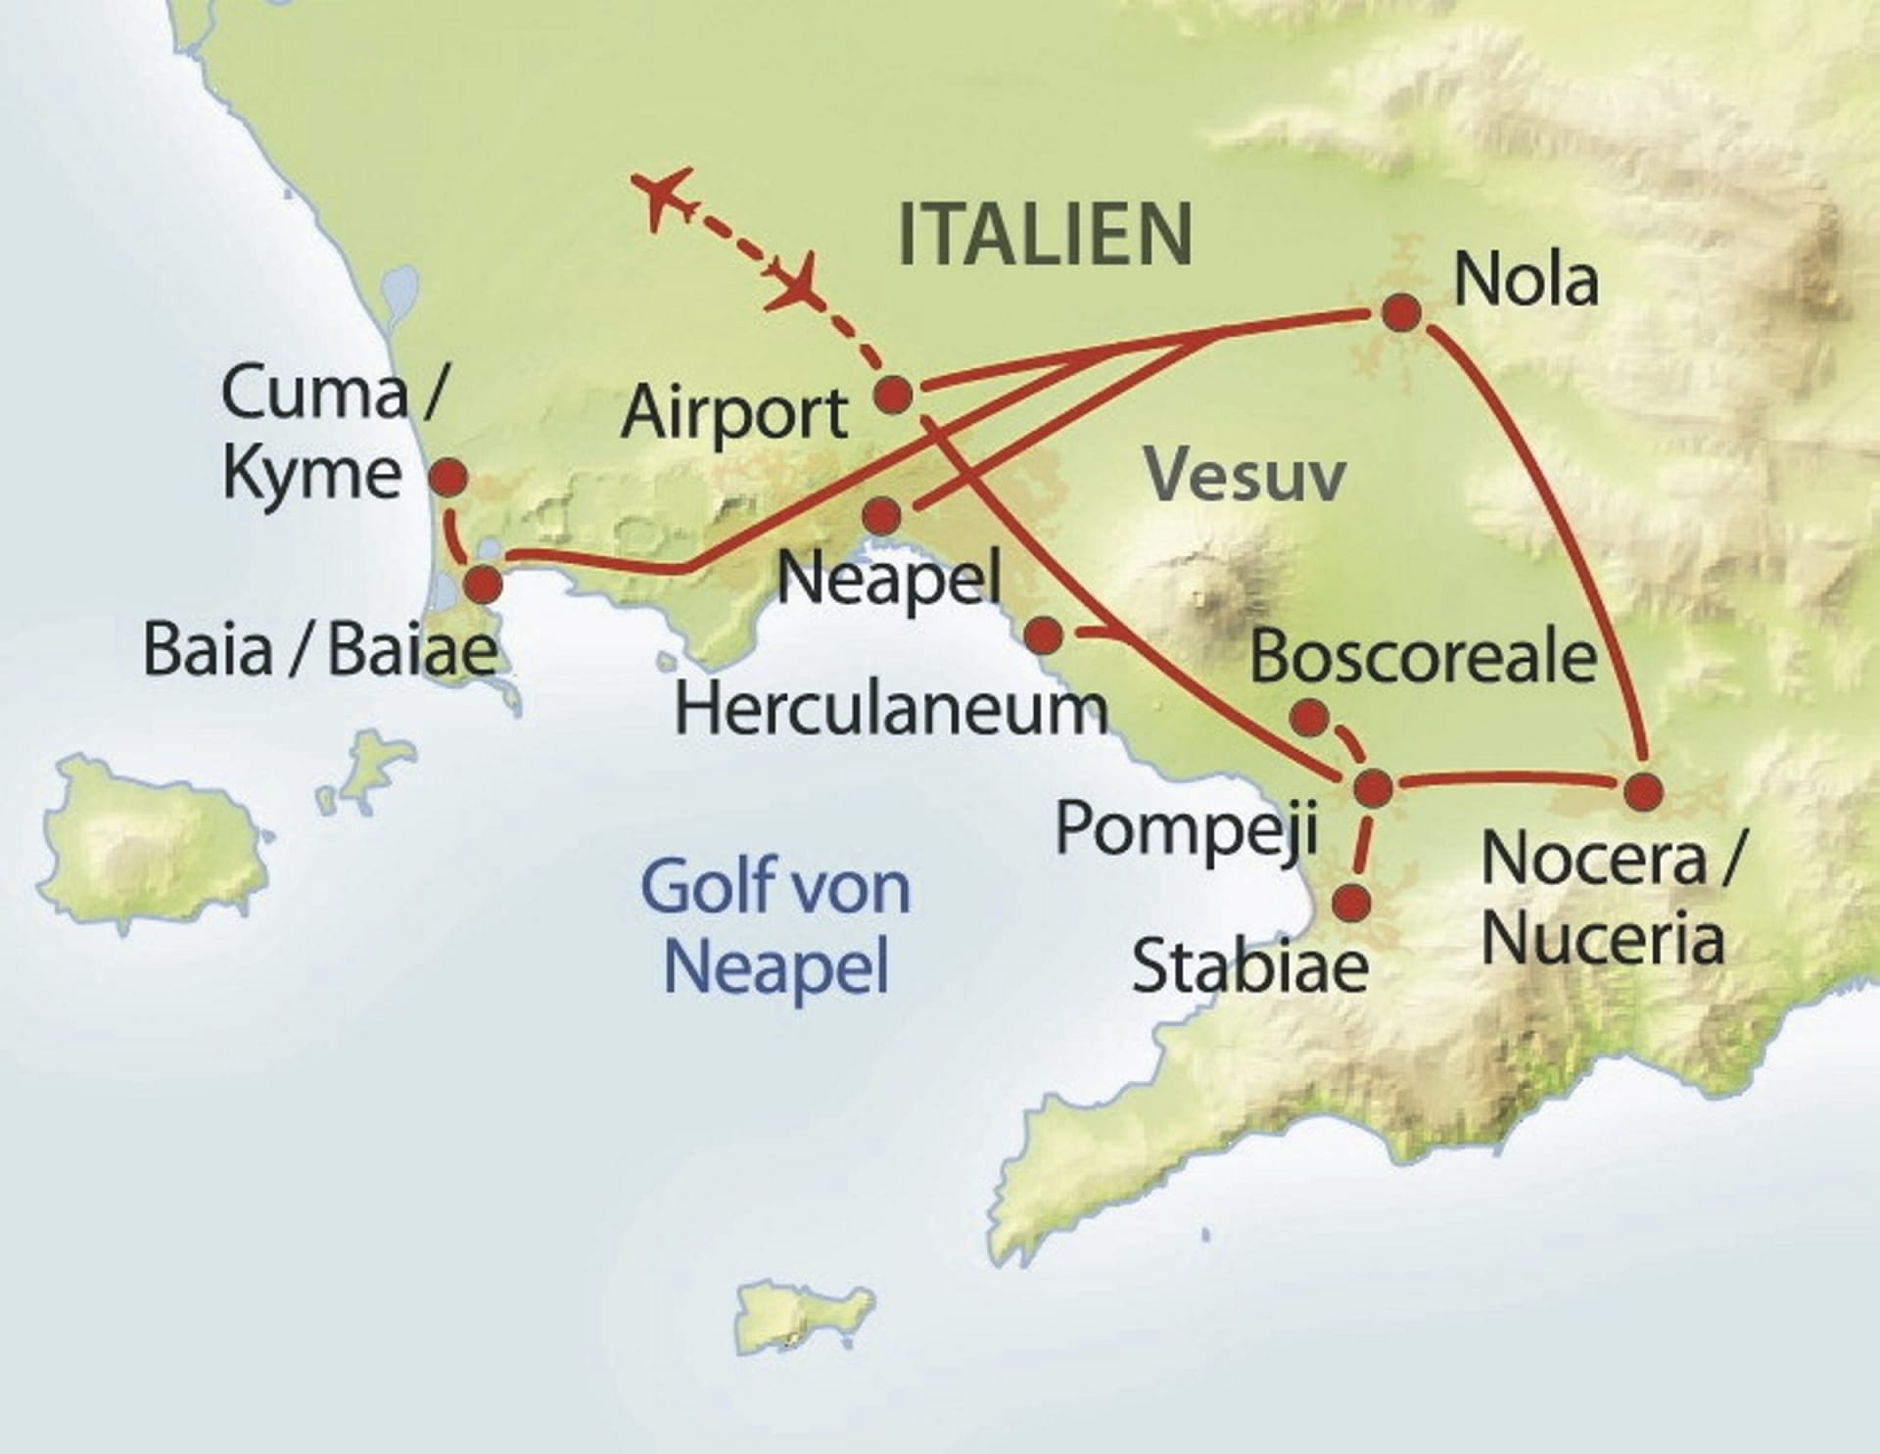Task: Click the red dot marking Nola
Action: tap(1401, 313)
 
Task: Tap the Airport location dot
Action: tap(893, 395)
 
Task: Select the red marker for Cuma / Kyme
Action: tap(449, 478)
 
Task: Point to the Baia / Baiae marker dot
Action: tap(483, 585)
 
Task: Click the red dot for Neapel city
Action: tap(881, 515)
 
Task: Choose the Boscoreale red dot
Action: tap(1309, 718)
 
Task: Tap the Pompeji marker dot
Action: tap(1373, 787)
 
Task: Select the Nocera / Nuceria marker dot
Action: tap(1643, 791)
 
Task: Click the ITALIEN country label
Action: tap(1045, 235)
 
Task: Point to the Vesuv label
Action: tap(1246, 477)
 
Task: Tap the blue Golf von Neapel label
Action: tap(775, 925)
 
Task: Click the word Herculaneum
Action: tap(891, 710)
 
